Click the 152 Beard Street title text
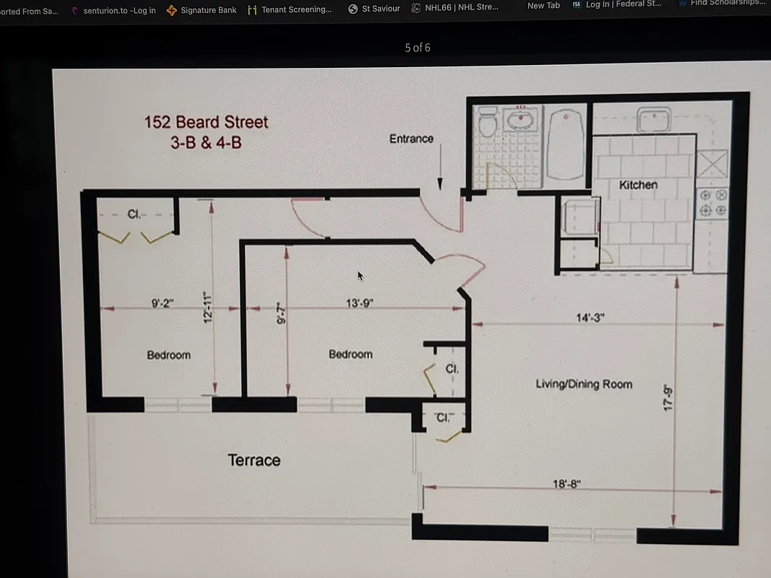click(206, 121)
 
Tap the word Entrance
click(411, 139)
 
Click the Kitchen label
click(638, 185)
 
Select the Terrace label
click(254, 460)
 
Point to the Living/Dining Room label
click(584, 384)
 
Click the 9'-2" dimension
click(163, 303)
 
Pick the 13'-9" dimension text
click(359, 303)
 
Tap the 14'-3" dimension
click(590, 317)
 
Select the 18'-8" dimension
click(567, 484)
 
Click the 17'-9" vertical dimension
click(668, 400)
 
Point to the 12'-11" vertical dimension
click(207, 308)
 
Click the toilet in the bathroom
click(488, 123)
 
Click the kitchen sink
click(654, 119)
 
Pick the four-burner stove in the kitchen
click(712, 202)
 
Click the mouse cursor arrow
click(360, 275)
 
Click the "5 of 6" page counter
click(418, 48)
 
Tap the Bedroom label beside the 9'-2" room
click(168, 355)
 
